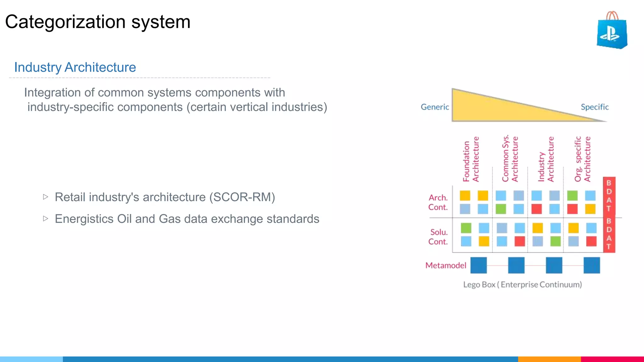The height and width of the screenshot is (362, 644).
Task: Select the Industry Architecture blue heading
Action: pos(75,67)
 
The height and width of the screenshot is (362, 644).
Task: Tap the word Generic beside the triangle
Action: pos(435,107)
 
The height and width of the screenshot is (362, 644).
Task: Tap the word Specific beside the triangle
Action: pos(594,107)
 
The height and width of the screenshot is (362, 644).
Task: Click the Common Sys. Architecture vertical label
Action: pos(510,159)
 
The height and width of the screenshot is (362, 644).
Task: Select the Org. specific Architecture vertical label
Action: pos(582,159)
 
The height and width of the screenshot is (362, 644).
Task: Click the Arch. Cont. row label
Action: pos(438,202)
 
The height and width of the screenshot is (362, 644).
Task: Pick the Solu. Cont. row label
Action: pos(438,237)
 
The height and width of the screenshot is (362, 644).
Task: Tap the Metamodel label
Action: pos(445,266)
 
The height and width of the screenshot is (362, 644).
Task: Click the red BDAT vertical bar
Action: pos(609,215)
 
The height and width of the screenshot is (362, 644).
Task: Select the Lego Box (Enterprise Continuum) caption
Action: pos(522,285)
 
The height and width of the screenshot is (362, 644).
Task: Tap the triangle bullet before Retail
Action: pos(46,197)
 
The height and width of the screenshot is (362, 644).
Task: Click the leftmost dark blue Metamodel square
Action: pos(478,265)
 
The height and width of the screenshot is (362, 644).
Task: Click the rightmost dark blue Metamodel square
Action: pos(591,265)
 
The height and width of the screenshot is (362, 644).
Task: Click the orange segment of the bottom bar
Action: pos(549,359)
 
